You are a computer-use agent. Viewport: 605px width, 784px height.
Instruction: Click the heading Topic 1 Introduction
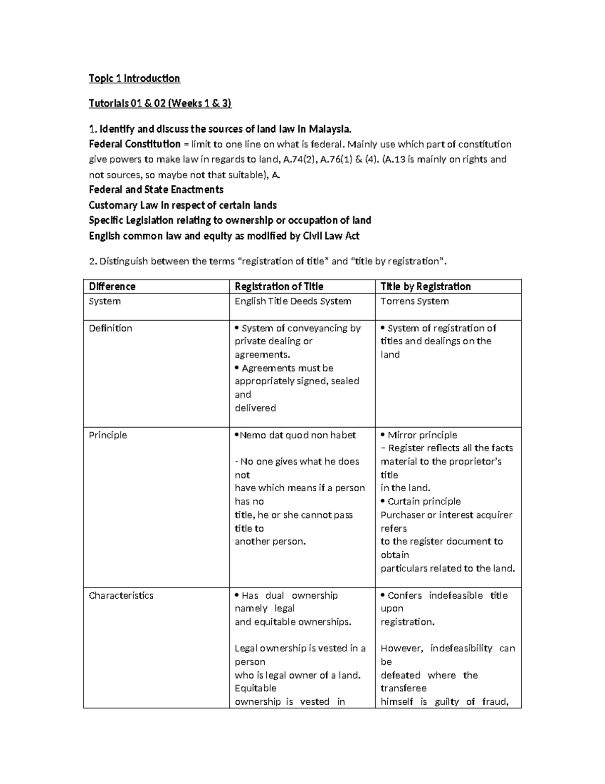pos(134,78)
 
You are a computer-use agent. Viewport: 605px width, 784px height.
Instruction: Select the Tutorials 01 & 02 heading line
pos(160,103)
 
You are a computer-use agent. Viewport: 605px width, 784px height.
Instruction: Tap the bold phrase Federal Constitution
pos(135,144)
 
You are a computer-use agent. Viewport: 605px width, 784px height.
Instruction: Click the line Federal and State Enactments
pos(156,190)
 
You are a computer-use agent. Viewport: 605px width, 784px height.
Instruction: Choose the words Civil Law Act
pos(331,236)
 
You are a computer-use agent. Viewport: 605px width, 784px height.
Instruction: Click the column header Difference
pos(112,287)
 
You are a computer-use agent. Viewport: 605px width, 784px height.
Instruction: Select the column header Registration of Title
pos(279,287)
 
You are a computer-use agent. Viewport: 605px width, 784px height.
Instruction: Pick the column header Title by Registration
pos(426,287)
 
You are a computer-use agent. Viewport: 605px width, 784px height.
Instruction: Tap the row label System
pos(104,301)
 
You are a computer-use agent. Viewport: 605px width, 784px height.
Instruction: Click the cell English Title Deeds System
pos(293,301)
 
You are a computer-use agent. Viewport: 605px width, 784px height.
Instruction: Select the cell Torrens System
pos(414,301)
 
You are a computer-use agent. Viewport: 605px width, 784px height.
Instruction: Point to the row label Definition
pos(110,328)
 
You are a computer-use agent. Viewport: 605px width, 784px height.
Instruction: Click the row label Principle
pos(108,435)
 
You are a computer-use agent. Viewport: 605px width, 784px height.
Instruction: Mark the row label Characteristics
pos(121,596)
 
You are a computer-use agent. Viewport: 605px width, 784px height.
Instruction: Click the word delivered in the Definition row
pos(255,408)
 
